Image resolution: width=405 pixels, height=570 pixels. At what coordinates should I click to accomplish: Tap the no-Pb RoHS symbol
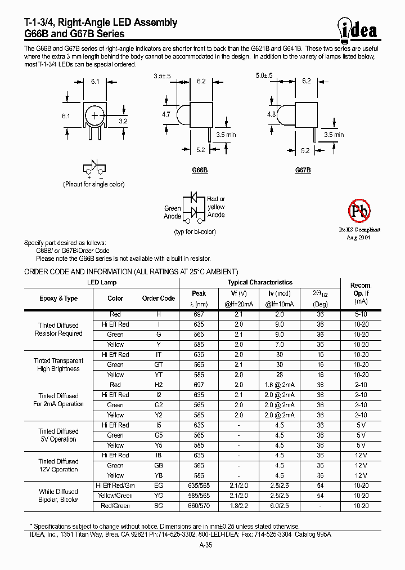[359, 212]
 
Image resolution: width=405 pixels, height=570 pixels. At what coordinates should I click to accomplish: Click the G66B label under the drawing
[200, 170]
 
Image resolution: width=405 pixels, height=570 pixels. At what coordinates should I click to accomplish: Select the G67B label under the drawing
[303, 170]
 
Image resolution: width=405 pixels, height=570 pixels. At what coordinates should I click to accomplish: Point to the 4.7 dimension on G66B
[166, 114]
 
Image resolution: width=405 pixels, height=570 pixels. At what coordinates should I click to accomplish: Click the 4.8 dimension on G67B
[271, 114]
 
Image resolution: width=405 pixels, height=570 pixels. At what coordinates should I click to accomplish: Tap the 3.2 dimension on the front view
[123, 121]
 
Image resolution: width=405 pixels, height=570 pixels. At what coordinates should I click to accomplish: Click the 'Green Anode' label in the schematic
[172, 212]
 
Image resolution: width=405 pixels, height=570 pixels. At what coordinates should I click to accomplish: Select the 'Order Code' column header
[159, 299]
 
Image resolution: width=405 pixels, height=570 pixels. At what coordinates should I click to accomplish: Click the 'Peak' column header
[199, 293]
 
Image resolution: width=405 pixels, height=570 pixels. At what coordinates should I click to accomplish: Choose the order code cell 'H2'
[159, 385]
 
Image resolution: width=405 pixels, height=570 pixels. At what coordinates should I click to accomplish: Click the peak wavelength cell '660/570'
[199, 506]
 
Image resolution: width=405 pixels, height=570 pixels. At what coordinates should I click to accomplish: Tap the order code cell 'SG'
[159, 506]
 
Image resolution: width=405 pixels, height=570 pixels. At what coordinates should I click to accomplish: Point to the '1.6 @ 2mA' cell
[280, 385]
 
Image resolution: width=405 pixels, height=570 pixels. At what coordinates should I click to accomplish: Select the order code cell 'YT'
[159, 375]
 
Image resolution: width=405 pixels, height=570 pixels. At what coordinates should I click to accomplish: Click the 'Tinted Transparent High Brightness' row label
[58, 365]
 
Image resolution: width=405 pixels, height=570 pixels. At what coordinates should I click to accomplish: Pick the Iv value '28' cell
[280, 375]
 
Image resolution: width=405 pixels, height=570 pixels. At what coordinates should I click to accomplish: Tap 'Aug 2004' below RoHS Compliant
[359, 238]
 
